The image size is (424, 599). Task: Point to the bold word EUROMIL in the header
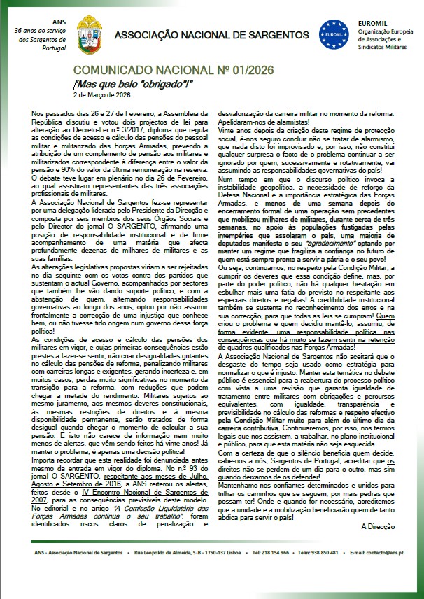tap(375, 22)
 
